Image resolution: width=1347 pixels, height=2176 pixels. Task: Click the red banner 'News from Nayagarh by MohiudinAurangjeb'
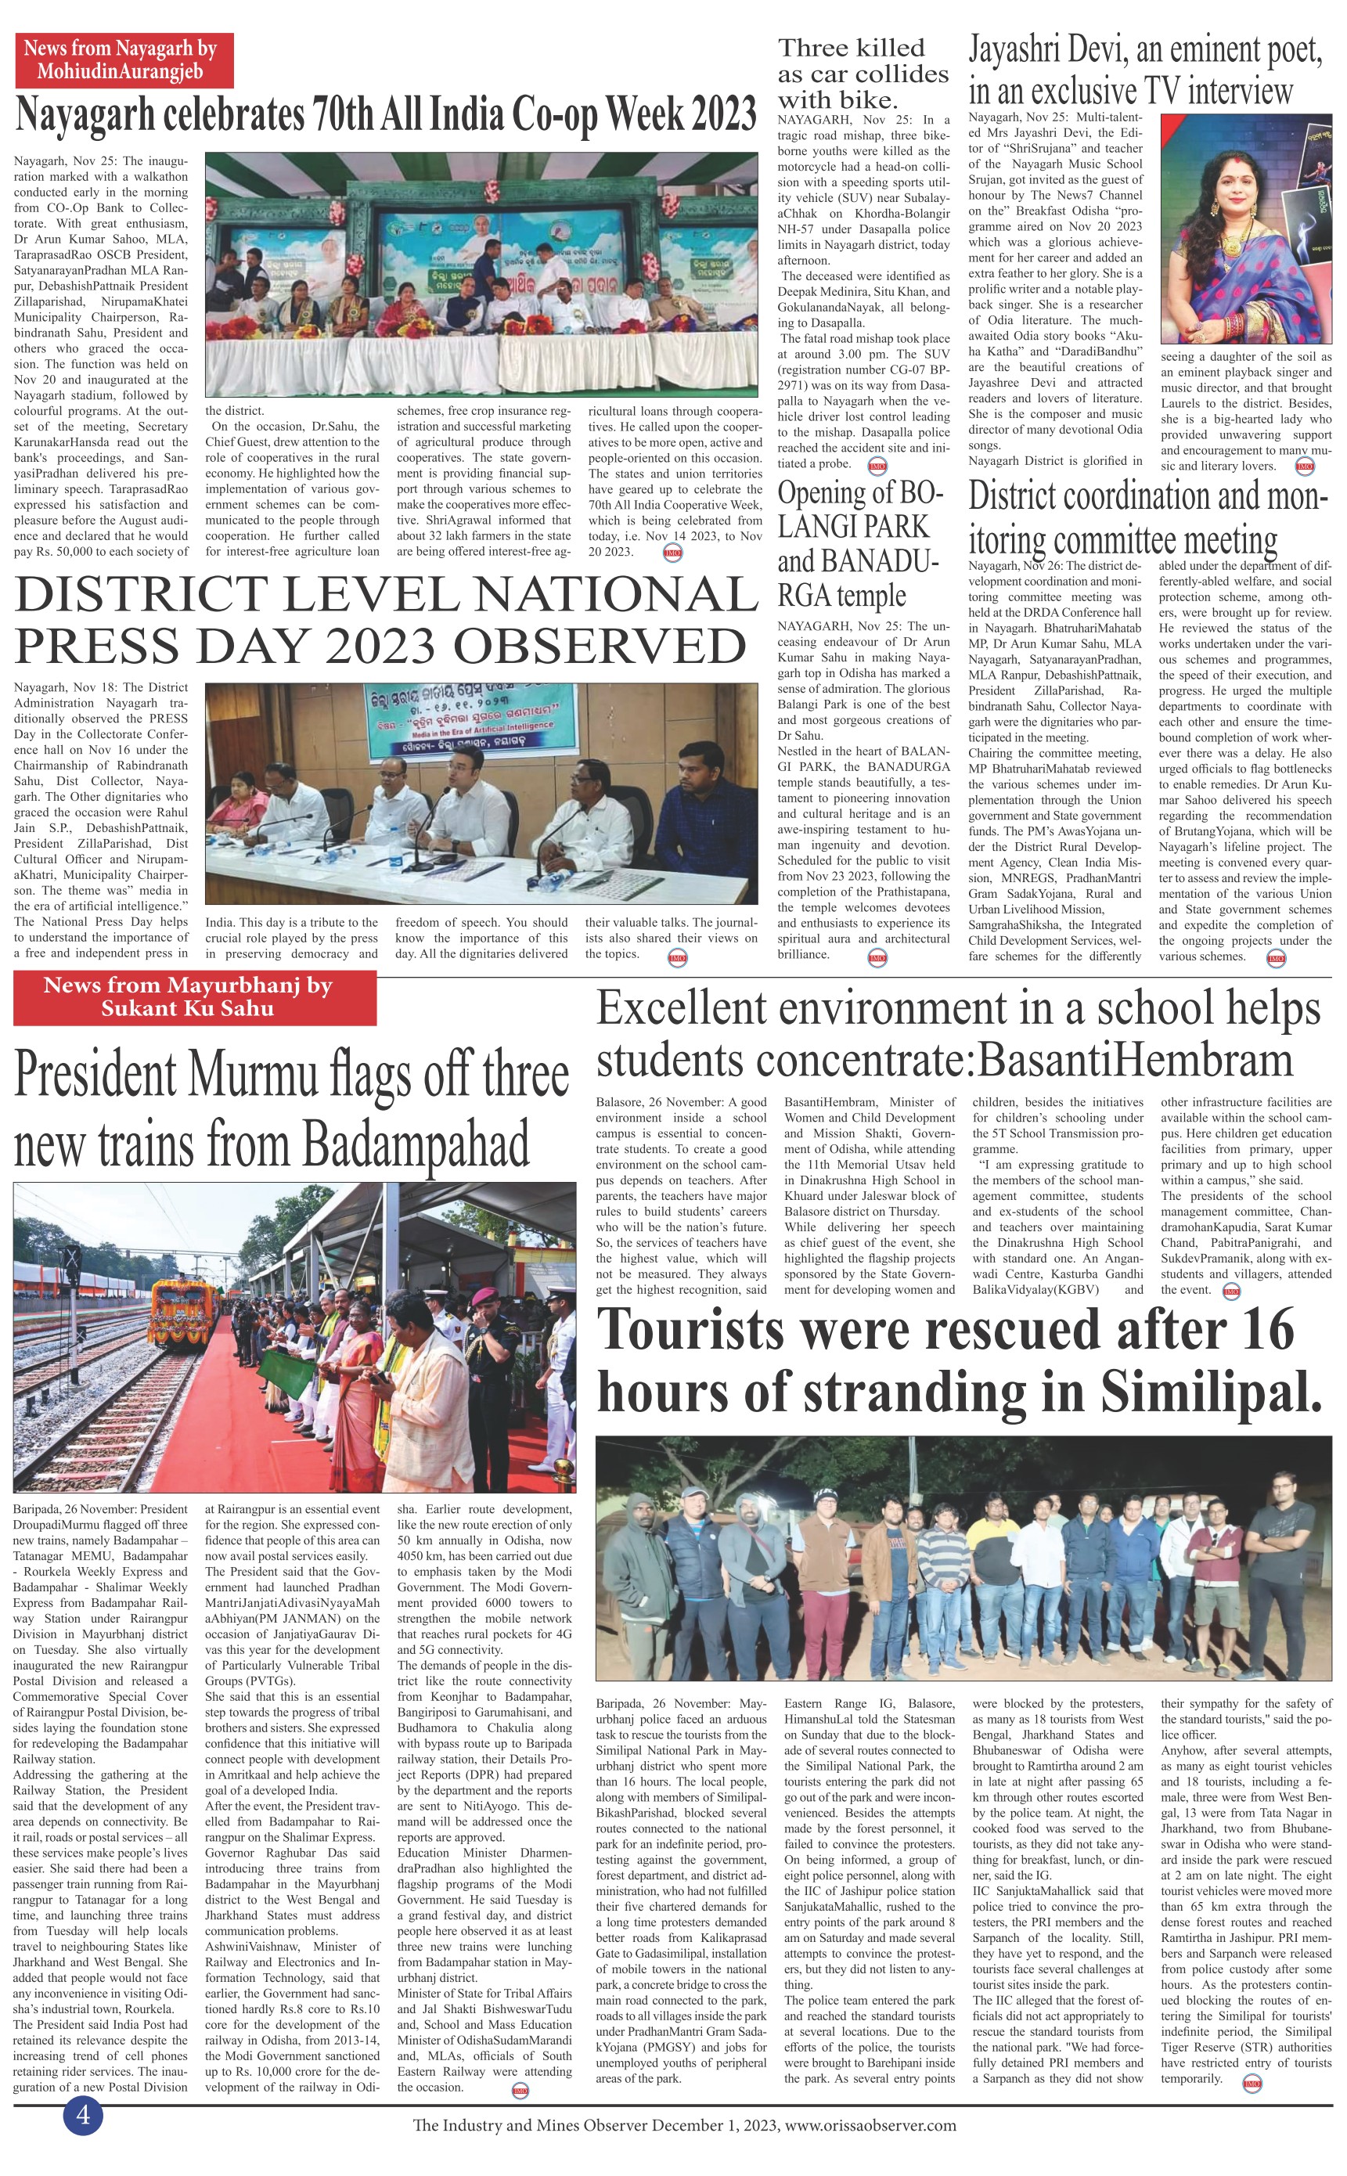124,59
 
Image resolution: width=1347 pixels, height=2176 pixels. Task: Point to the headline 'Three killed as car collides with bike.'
863,73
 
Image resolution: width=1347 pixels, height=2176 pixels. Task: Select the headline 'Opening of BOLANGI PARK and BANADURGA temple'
859,543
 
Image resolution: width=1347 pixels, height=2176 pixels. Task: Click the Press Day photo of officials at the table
481,794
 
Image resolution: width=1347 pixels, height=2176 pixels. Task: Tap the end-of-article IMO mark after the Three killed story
877,466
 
